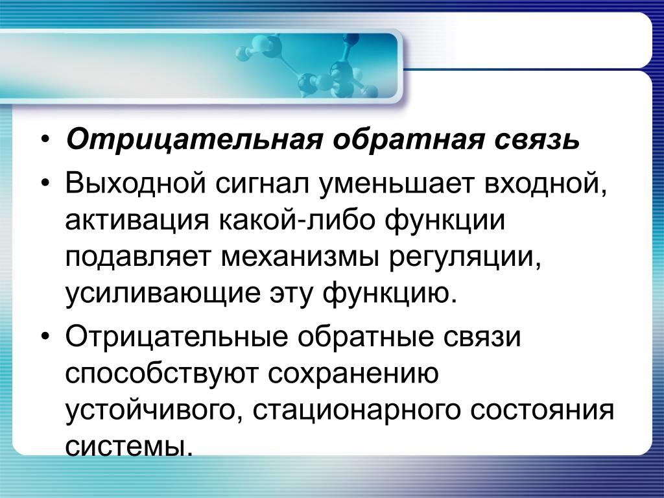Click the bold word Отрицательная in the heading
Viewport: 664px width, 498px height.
(193, 139)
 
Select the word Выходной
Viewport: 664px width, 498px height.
(136, 184)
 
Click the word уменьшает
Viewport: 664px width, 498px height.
(396, 184)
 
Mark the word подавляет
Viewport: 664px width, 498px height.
(137, 257)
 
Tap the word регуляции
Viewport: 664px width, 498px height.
(464, 257)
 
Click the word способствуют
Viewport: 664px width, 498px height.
(161, 373)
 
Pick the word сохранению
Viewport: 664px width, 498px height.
(353, 373)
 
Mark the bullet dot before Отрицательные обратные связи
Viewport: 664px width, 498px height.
(45, 336)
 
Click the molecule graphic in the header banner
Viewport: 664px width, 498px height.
(307, 65)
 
